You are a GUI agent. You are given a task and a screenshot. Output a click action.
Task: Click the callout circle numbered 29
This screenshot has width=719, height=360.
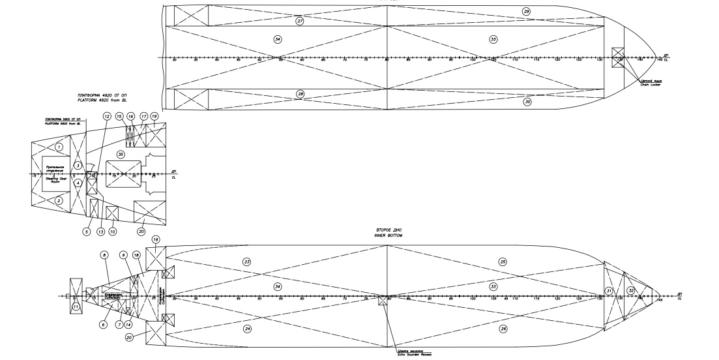[527, 11]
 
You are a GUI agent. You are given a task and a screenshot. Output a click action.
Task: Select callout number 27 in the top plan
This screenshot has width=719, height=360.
[300, 22]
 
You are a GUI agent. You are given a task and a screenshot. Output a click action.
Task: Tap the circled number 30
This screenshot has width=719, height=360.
[527, 102]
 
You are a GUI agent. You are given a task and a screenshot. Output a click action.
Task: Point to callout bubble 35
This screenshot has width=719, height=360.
[121, 154]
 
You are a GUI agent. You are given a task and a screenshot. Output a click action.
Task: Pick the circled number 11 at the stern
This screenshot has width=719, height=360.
[75, 307]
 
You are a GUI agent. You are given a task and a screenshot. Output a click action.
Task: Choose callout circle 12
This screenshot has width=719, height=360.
[106, 115]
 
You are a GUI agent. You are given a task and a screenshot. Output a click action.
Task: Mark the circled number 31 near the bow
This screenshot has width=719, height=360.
[609, 290]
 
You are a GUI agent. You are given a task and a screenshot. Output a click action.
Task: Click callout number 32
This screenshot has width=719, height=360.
[630, 290]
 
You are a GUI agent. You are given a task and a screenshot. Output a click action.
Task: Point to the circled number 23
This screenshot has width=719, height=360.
[247, 262]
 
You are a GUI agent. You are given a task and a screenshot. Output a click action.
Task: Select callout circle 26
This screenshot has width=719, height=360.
[503, 329]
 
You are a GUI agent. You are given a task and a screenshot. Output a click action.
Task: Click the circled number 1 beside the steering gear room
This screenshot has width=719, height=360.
[59, 147]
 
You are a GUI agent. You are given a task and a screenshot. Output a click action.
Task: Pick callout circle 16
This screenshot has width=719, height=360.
[131, 115]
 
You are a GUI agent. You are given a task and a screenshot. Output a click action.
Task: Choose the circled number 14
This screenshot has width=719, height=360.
[129, 324]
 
